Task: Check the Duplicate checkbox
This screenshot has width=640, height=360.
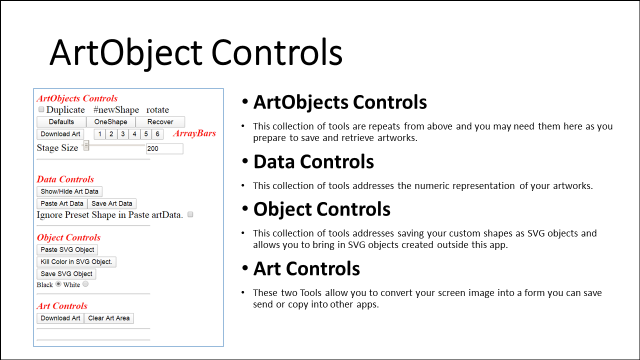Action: tap(41, 109)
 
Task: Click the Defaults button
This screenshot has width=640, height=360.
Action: tap(61, 122)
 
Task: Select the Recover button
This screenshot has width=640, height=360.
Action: tap(160, 122)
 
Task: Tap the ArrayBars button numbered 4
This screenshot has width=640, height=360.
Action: tap(134, 134)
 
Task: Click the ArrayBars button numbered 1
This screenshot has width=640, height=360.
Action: tap(99, 134)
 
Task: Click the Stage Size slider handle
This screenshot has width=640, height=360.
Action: tap(86, 145)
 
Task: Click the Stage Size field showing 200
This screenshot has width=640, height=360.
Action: tap(164, 148)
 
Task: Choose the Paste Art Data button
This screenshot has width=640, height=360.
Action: tap(62, 203)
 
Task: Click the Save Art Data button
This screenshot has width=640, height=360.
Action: tap(111, 203)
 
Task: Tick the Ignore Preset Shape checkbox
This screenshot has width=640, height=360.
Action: tap(190, 214)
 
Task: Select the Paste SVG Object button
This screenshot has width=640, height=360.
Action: tap(67, 249)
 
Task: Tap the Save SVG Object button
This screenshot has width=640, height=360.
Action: tap(66, 274)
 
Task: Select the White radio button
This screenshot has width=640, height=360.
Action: tap(85, 284)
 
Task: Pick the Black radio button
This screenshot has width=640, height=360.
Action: tap(58, 284)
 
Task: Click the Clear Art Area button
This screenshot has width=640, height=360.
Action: tap(109, 318)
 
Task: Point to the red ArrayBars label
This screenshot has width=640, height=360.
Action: tap(194, 133)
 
